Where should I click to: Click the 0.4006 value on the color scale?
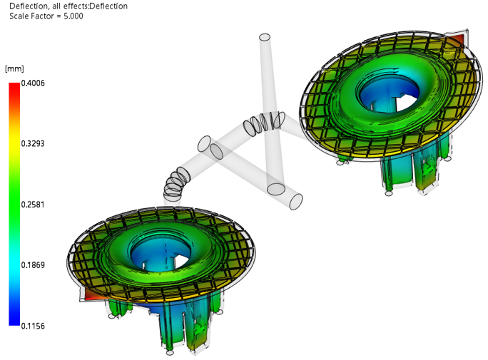coord(33,83)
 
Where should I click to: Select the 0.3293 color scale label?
coord(33,143)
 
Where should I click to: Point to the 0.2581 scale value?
coord(33,205)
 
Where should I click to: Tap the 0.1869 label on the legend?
coord(33,265)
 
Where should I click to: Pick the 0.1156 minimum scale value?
coord(33,326)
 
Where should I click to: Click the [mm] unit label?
coord(14,68)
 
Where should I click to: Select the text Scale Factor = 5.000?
coord(46,16)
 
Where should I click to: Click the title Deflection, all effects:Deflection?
coord(68,6)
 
